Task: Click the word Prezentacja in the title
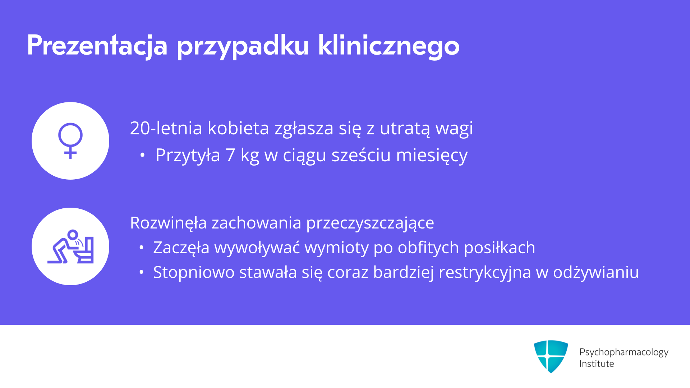[97, 46]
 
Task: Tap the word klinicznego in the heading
[389, 46]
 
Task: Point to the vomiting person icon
[70, 246]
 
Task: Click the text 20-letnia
[166, 128]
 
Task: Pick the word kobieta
[238, 128]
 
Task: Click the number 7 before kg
[230, 155]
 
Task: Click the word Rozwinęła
[168, 223]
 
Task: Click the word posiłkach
[500, 248]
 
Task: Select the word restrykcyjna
[485, 272]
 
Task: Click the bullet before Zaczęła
[142, 248]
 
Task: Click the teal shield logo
[551, 356]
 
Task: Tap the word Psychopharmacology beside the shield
[624, 352]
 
